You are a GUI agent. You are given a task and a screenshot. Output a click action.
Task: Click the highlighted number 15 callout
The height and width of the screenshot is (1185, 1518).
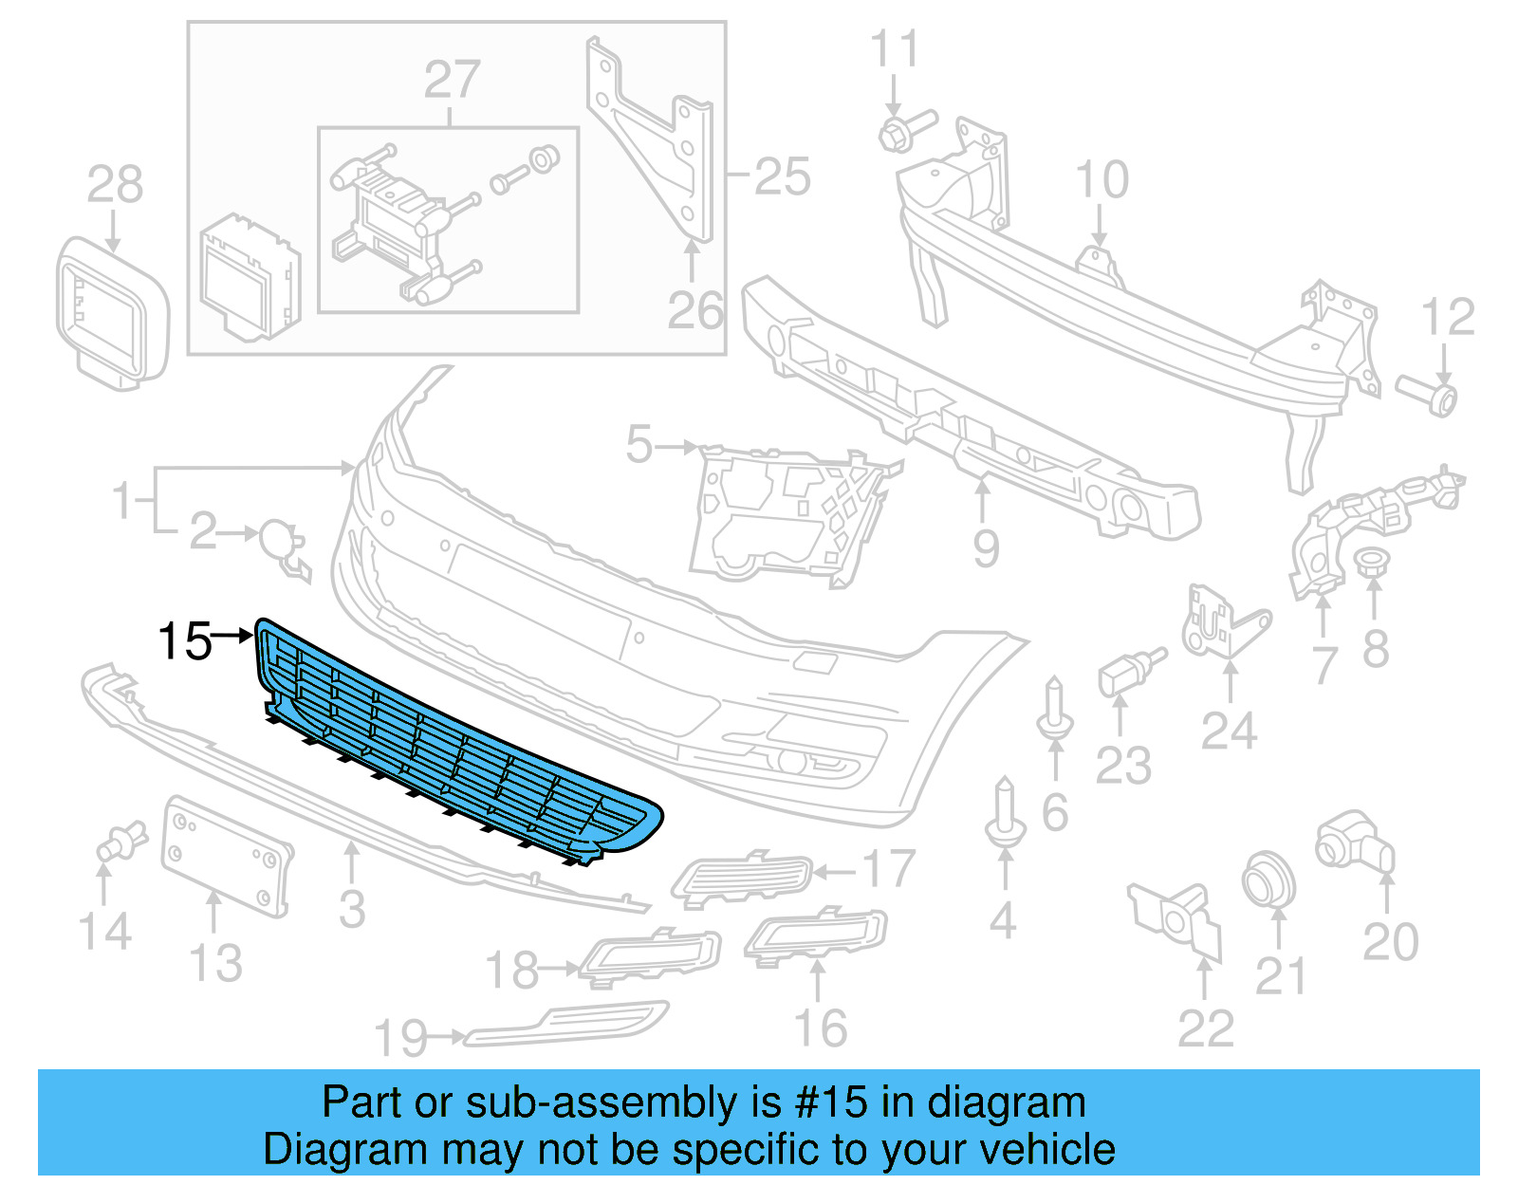pyautogui.click(x=185, y=641)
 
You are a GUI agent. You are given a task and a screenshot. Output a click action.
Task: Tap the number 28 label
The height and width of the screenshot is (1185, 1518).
pyautogui.click(x=115, y=184)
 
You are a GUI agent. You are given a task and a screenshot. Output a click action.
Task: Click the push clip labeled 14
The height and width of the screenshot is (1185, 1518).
pyautogui.click(x=121, y=841)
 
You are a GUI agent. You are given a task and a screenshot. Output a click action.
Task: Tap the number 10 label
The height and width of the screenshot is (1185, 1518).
pyautogui.click(x=1101, y=179)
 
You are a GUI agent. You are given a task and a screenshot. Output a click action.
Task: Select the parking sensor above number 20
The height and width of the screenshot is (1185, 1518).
pyautogui.click(x=1354, y=841)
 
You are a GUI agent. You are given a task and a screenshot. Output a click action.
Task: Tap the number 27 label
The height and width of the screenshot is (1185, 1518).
pyautogui.click(x=452, y=80)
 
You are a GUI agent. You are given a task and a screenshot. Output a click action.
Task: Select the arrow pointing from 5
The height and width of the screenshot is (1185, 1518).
pyautogui.click(x=677, y=446)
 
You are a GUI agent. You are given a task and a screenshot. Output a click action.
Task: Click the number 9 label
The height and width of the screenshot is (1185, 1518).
pyautogui.click(x=986, y=547)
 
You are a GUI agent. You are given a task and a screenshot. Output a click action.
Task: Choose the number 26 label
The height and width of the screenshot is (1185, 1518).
pyautogui.click(x=694, y=310)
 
